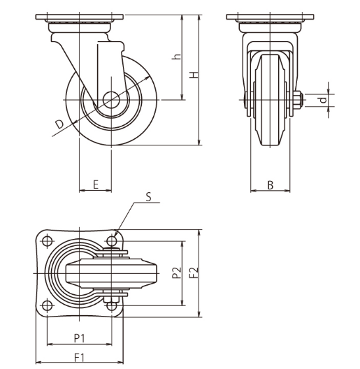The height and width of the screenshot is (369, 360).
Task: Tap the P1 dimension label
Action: (x=79, y=338)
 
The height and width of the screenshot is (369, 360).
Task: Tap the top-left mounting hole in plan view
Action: (x=47, y=240)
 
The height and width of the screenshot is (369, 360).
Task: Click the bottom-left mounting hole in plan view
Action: (x=47, y=305)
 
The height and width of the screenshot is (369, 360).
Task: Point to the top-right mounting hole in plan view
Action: (x=112, y=240)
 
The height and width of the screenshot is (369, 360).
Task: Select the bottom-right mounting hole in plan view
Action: (x=112, y=305)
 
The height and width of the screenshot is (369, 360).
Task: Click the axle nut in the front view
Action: (x=298, y=101)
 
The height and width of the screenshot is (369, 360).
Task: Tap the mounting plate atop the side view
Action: (x=80, y=17)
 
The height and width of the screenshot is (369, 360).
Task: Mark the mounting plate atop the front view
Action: (x=270, y=17)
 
